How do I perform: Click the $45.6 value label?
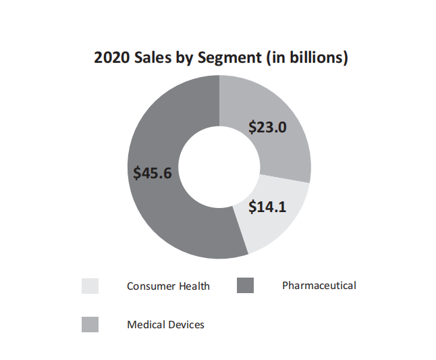click(153, 173)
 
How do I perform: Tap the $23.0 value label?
click(268, 127)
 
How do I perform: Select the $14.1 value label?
click(267, 207)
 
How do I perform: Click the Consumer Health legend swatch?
click(90, 286)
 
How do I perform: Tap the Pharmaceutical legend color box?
click(245, 286)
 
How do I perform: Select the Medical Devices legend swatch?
click(90, 325)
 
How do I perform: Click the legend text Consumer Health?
click(168, 286)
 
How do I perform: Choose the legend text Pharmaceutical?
click(319, 286)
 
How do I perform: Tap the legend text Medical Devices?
click(165, 325)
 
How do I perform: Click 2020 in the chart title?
click(111, 58)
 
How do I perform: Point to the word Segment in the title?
click(229, 59)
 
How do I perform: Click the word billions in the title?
click(313, 58)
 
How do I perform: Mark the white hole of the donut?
click(219, 167)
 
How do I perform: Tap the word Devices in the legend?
click(185, 325)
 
